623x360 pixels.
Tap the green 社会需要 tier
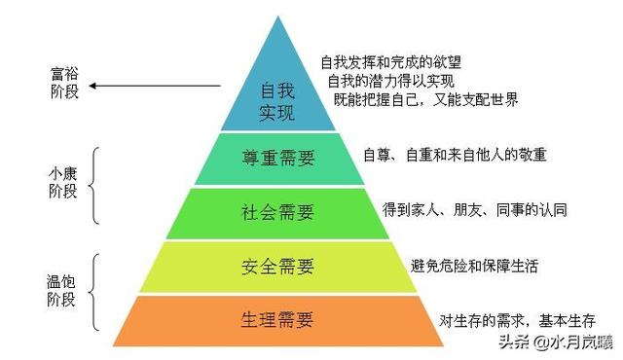tap(276, 211)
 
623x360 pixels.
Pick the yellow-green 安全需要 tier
tap(276, 265)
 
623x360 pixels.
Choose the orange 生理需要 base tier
tap(276, 320)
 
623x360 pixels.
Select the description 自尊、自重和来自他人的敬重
tap(454, 155)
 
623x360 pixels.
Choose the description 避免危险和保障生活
tap(474, 266)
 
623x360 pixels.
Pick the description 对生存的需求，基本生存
tap(516, 320)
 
